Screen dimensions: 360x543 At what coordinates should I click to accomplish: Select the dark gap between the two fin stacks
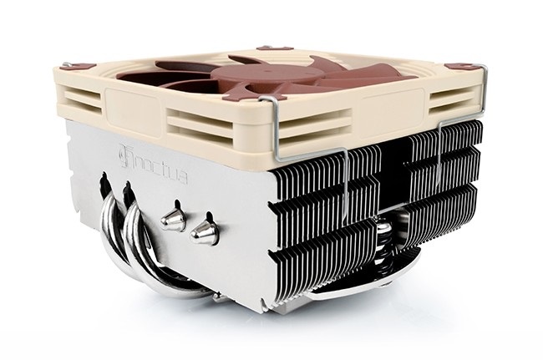381,209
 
